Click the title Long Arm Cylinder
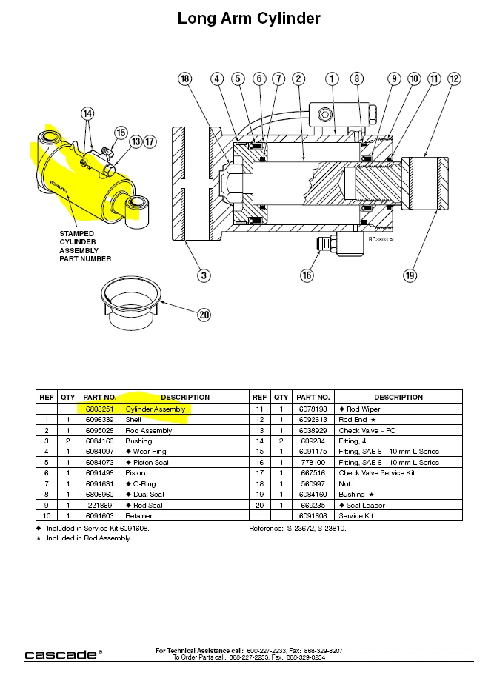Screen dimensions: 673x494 tap(249, 19)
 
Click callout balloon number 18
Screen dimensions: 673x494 tap(185, 78)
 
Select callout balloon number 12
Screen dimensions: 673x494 tap(454, 78)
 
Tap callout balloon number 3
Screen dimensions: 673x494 tap(204, 275)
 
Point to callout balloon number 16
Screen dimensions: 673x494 tap(307, 275)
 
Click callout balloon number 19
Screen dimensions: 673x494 tap(410, 275)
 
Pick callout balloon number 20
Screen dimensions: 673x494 tap(204, 314)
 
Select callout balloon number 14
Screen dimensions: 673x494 tap(88, 113)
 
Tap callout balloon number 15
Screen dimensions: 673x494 tap(121, 133)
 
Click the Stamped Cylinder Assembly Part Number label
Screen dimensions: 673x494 tap(84, 247)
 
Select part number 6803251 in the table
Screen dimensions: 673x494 tap(99, 409)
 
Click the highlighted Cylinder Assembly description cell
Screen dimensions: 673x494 tap(156, 409)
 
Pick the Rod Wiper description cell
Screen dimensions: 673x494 tap(361, 409)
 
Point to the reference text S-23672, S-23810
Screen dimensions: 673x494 tap(298, 529)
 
